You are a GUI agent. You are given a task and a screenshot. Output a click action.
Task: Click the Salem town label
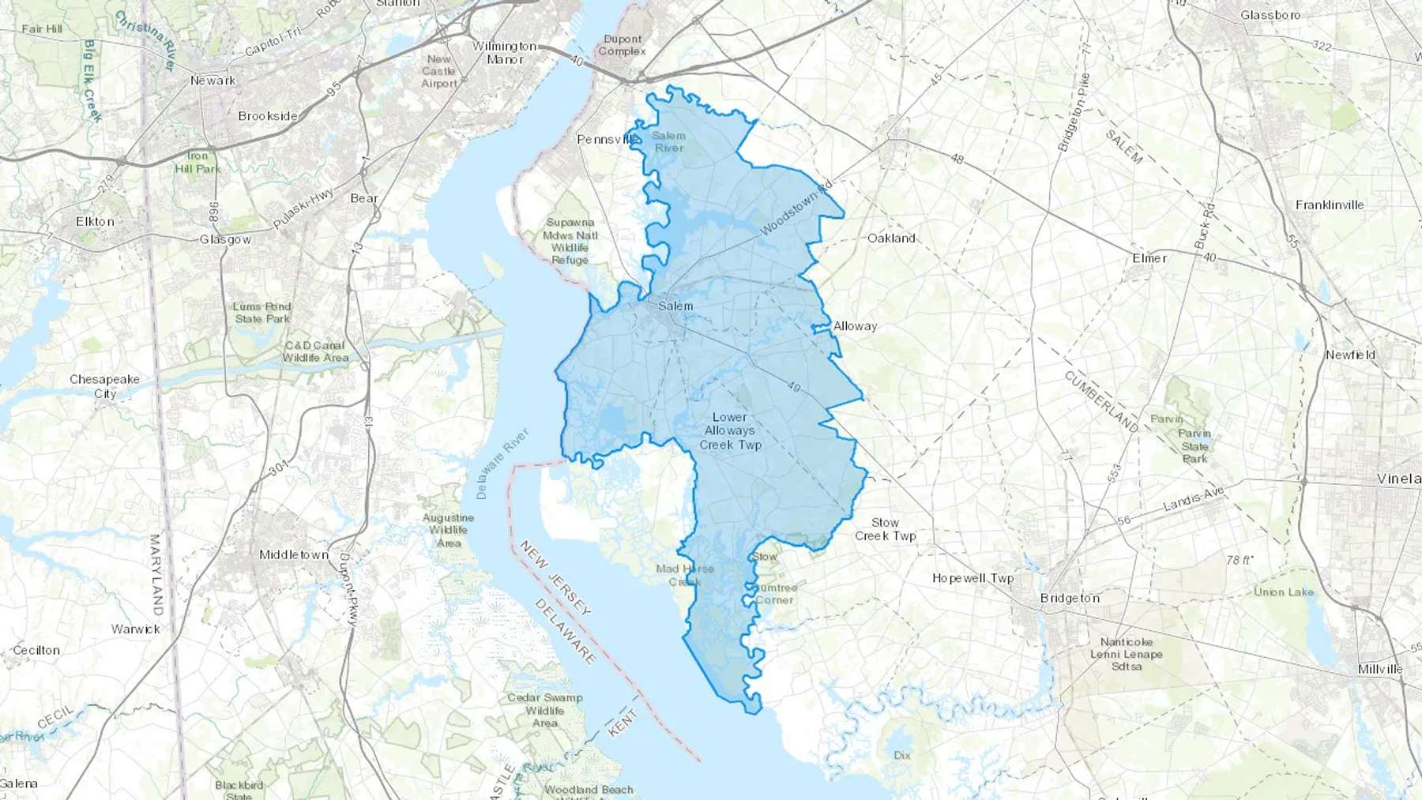(x=675, y=306)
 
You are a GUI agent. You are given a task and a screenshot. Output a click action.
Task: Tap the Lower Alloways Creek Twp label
(x=730, y=430)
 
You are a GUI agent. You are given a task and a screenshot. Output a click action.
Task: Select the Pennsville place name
(x=607, y=139)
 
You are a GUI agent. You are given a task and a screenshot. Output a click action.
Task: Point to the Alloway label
(x=855, y=325)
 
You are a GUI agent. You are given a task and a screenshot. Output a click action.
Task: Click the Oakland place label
(x=891, y=238)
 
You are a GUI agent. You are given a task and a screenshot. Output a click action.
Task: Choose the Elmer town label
(x=1149, y=258)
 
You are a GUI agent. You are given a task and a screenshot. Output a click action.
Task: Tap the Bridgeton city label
(x=1070, y=598)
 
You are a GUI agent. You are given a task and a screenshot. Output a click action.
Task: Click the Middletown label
(x=294, y=554)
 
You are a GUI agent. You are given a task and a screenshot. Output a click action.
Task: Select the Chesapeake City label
(x=104, y=386)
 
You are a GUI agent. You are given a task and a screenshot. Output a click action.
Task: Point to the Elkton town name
(x=95, y=221)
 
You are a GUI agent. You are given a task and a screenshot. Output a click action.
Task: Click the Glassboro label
(x=1270, y=15)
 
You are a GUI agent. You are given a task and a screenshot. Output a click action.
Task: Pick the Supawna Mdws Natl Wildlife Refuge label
(x=570, y=241)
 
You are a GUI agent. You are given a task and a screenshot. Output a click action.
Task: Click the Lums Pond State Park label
(x=262, y=313)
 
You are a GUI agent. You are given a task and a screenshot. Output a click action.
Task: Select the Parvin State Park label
(x=1194, y=445)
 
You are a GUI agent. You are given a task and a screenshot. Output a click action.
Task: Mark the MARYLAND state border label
(x=156, y=575)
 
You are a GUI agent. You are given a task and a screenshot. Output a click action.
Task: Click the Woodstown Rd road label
(x=796, y=208)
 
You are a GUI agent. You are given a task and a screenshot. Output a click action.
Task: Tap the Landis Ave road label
(x=1193, y=498)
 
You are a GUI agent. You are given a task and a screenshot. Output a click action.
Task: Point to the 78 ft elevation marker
(x=1240, y=560)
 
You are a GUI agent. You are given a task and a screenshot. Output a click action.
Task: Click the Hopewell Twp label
(x=972, y=578)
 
